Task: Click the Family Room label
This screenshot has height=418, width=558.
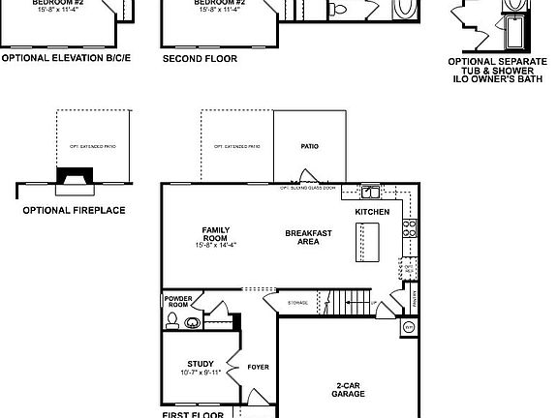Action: coord(215,233)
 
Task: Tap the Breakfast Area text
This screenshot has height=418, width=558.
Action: coord(308,237)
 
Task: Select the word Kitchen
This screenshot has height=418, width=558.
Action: coord(372,211)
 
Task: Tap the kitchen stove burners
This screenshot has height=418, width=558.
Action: coord(410,229)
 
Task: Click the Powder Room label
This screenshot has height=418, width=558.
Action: coord(177,301)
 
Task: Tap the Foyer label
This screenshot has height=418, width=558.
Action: coord(257,367)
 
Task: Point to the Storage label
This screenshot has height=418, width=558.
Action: coord(298,304)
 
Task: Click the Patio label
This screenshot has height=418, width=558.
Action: coord(309,147)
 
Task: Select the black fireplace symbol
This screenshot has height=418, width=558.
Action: coord(72,176)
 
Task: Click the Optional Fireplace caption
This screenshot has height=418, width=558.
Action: coord(73,209)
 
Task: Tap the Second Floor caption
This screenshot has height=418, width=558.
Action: coord(200,57)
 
